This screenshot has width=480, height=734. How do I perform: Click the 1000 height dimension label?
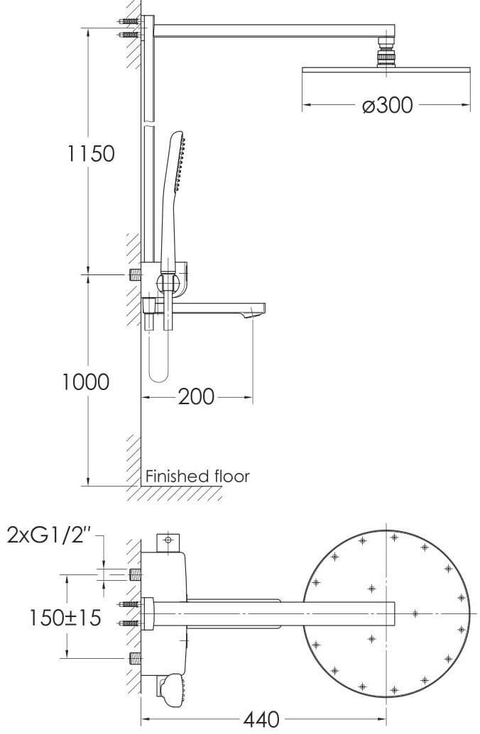[86, 382]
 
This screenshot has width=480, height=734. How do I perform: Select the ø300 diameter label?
[387, 105]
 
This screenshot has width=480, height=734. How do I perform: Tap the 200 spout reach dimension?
[196, 397]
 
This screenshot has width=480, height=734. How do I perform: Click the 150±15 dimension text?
[65, 618]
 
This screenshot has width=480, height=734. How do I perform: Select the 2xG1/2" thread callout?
[49, 535]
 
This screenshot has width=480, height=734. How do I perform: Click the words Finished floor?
[197, 476]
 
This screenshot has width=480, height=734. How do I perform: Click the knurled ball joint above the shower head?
[386, 52]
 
